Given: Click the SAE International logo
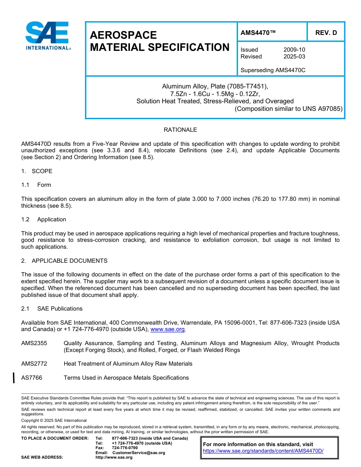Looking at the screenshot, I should point(47,36).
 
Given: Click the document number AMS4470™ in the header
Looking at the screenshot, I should point(258,33).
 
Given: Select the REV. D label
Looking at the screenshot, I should point(326,33).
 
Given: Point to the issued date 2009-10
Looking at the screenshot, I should point(294,50).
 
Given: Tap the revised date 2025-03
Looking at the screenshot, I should point(294,57).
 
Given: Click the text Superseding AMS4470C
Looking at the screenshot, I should point(273,70).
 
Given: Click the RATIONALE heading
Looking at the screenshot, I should point(180,130).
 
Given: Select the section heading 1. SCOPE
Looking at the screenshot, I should point(37,171).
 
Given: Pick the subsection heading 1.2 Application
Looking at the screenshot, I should point(44,219).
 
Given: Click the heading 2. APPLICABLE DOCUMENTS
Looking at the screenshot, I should point(64,261).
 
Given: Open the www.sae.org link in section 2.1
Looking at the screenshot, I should point(168,330).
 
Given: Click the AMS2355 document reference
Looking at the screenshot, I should point(34,343).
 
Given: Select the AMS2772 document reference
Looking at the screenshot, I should point(34,364).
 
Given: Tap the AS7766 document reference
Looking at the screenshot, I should point(32,378).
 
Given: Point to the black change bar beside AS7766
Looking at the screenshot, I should point(14,378).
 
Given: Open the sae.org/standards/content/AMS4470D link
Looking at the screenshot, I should point(263,451).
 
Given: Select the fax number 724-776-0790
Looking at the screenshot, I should point(125,448).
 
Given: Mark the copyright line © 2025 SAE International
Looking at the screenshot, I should point(54,421).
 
